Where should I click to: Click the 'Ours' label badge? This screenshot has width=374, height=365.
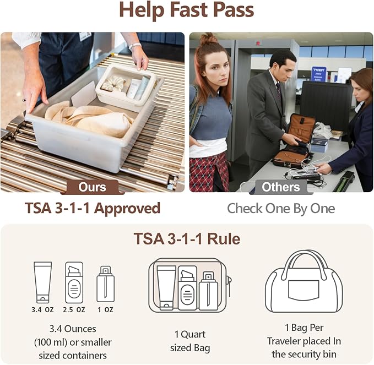tap(93, 187)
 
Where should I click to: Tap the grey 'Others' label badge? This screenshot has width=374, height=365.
tap(281, 187)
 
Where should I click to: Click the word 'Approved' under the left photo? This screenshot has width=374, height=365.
tap(127, 209)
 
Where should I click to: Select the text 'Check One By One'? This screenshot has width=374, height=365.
tap(281, 208)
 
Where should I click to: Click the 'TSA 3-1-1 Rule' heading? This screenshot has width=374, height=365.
tap(187, 238)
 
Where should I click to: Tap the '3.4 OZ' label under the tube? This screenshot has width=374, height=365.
tap(43, 310)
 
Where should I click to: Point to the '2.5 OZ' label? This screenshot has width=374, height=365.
tap(74, 310)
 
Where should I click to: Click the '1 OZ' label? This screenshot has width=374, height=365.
tap(105, 310)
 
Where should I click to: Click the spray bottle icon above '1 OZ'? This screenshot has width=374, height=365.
tap(105, 284)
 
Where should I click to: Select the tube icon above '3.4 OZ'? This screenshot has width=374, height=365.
tap(43, 282)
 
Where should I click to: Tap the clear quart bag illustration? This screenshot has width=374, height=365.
tap(190, 285)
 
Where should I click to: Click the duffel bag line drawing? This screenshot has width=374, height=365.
tap(304, 281)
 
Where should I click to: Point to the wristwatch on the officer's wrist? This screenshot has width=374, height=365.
tap(134, 46)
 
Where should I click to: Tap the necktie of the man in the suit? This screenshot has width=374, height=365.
tap(279, 92)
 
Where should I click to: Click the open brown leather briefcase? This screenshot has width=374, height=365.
tap(295, 141)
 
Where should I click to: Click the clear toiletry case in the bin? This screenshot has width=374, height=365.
tap(126, 85)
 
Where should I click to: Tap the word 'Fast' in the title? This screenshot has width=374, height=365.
tap(189, 10)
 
